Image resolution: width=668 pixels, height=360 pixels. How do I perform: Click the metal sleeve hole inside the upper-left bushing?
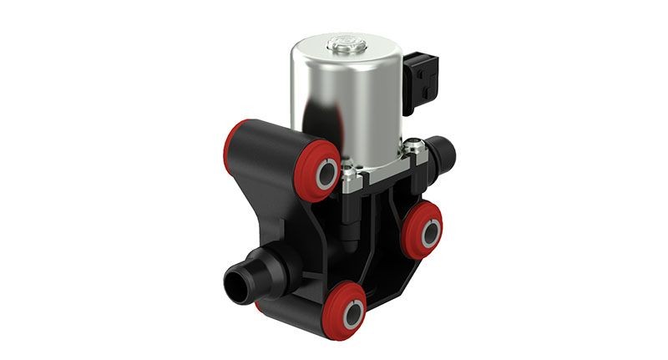[x=325, y=174]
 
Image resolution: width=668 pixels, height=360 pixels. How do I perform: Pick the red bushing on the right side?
[x=423, y=230]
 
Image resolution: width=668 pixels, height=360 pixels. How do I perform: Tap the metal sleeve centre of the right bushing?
[x=427, y=231]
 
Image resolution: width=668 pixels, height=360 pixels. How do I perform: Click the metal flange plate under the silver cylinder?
[x=380, y=163]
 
